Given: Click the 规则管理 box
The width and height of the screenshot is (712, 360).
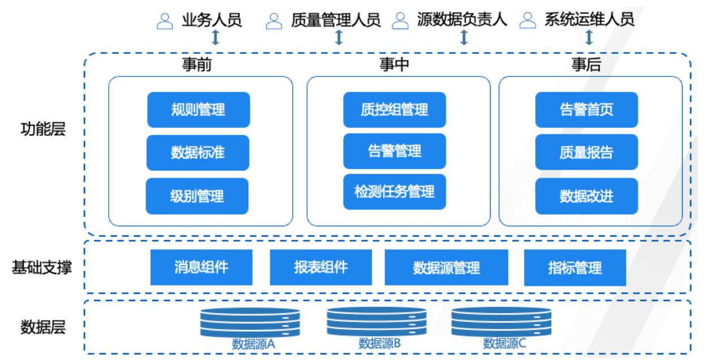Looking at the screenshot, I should [x=198, y=109].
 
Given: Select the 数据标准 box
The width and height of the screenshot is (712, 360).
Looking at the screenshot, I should [x=198, y=153].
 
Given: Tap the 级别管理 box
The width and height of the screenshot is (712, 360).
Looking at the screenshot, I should [x=197, y=196].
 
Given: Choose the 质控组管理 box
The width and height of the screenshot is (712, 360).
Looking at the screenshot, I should [x=394, y=109].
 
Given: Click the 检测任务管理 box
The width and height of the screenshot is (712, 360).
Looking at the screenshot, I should [x=394, y=191].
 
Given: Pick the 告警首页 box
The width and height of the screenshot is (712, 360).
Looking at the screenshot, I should [x=586, y=109].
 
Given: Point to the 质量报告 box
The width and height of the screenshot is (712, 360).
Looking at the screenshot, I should [x=586, y=153].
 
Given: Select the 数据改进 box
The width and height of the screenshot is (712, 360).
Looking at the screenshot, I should [x=586, y=196].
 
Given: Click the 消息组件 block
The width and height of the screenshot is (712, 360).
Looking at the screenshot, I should [x=201, y=267].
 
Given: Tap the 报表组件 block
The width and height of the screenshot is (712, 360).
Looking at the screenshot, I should [x=321, y=267].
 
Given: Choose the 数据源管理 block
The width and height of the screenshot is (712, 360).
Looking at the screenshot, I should [x=446, y=267].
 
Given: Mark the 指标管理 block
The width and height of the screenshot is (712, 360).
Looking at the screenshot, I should [x=575, y=267].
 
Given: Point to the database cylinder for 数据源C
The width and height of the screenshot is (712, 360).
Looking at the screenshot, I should [x=501, y=323].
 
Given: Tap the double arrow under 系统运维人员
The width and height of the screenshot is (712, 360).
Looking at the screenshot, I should [x=589, y=37].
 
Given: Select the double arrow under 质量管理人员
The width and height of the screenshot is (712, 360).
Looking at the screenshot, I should [x=339, y=37].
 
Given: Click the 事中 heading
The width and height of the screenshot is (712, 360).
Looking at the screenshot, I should [x=394, y=66].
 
